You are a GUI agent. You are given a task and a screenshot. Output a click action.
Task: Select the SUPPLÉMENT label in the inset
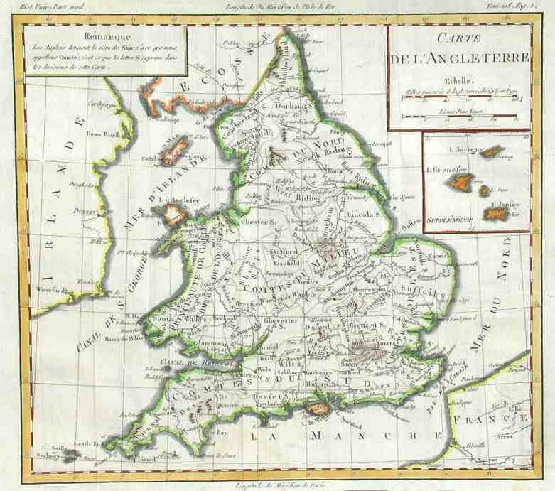point(450,220)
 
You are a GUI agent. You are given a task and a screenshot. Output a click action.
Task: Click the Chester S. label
point(260,221)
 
